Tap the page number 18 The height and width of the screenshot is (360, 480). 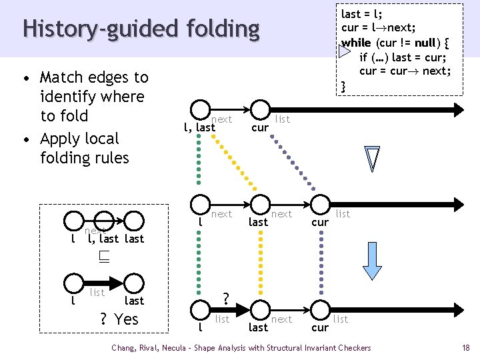(x=465, y=348)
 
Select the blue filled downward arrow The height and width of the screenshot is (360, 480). (x=372, y=261)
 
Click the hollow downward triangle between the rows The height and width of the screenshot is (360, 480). (x=372, y=159)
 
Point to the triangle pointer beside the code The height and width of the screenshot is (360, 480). (x=345, y=51)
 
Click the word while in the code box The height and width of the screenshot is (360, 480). (x=356, y=43)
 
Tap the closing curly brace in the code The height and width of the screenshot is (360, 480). (x=343, y=87)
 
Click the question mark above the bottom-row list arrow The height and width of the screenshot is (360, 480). (x=225, y=299)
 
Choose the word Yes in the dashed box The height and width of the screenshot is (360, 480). (x=126, y=319)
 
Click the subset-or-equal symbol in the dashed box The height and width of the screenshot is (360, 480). (x=104, y=257)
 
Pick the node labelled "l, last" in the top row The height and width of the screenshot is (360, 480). (x=200, y=109)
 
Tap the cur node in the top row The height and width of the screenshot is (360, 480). (x=260, y=109)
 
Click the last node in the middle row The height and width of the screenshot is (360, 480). (x=260, y=205)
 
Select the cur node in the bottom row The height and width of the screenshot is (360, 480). (x=320, y=310)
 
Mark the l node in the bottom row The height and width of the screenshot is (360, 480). (x=200, y=310)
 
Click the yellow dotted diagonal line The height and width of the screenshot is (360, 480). (x=234, y=163)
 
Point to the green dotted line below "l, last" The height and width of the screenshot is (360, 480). (x=199, y=159)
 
